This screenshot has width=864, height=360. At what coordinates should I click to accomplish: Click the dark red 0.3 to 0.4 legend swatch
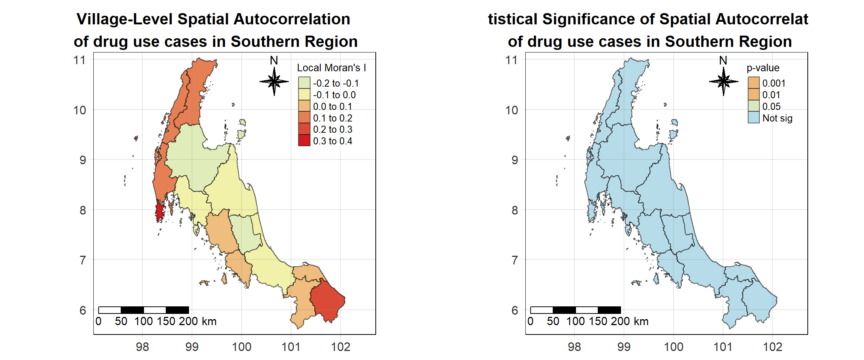pyautogui.click(x=304, y=141)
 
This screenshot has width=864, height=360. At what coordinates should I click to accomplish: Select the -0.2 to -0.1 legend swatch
pyautogui.click(x=304, y=83)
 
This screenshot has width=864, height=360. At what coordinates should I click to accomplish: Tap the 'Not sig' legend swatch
pyautogui.click(x=753, y=118)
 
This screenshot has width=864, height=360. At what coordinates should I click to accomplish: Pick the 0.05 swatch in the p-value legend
pyautogui.click(x=753, y=106)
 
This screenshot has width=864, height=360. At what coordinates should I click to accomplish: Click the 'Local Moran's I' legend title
pyautogui.click(x=331, y=68)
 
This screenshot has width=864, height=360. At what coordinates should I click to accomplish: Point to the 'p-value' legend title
pyautogui.click(x=763, y=68)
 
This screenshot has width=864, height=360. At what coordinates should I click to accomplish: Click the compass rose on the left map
pyautogui.click(x=274, y=81)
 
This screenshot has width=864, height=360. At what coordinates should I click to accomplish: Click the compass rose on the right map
pyautogui.click(x=723, y=81)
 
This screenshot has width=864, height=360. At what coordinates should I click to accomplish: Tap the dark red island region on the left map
pyautogui.click(x=159, y=212)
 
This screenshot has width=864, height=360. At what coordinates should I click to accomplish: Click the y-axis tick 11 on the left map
pyautogui.click(x=79, y=60)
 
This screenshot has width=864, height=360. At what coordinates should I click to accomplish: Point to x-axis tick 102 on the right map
pyautogui.click(x=772, y=347)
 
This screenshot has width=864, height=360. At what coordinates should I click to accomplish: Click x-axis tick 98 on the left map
pyautogui.click(x=142, y=347)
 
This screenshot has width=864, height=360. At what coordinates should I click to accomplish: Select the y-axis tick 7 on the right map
pyautogui.click(x=514, y=260)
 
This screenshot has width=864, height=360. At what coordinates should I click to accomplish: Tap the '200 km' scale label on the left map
pyautogui.click(x=198, y=321)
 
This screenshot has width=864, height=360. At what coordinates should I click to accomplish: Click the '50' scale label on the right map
pyautogui.click(x=553, y=321)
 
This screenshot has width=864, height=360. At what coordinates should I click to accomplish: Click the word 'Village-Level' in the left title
pyautogui.click(x=124, y=19)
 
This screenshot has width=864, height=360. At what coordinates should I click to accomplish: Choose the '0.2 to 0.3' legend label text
pyautogui.click(x=333, y=129)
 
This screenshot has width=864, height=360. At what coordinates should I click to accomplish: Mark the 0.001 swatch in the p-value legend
pyautogui.click(x=753, y=83)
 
